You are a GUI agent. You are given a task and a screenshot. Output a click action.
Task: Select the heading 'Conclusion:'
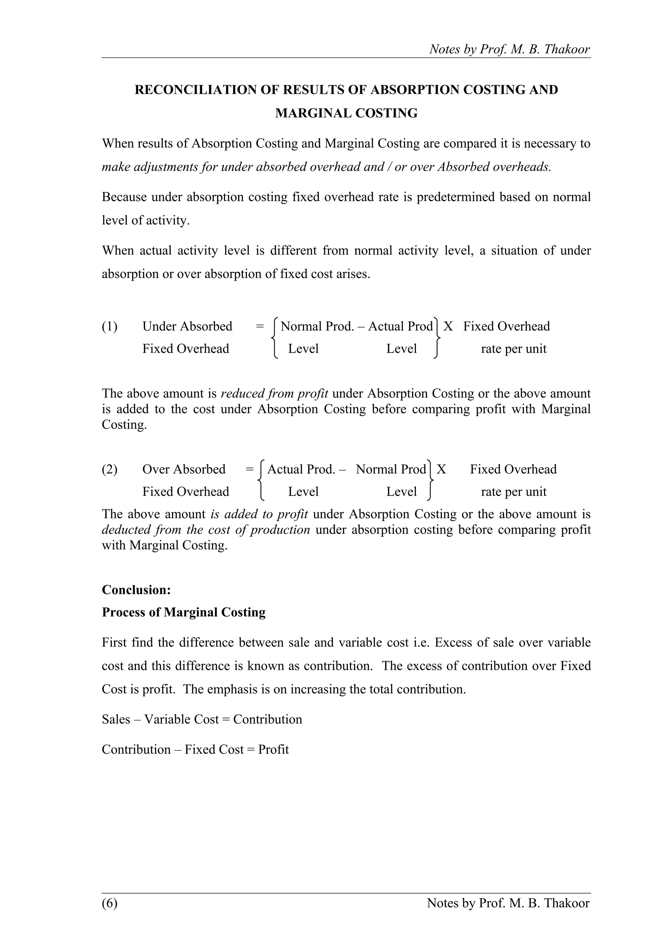point(136,590)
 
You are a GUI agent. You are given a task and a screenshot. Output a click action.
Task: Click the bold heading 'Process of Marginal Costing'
point(183,612)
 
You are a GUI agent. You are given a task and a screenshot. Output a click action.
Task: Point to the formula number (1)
point(110,327)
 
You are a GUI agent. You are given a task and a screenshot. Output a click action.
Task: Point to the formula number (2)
point(110,469)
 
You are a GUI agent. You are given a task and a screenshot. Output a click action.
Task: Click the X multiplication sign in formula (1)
point(448,327)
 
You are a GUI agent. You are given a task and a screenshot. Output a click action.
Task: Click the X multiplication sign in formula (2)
point(441,469)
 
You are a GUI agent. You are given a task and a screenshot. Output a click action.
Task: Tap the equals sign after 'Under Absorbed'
point(260,327)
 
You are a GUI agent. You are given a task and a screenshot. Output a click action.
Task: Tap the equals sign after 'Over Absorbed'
point(249,469)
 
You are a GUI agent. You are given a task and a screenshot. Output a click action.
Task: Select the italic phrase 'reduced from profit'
point(275,393)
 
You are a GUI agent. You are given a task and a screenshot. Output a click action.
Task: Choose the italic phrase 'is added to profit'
point(259,514)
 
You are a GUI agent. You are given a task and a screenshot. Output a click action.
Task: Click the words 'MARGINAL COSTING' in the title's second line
point(346,113)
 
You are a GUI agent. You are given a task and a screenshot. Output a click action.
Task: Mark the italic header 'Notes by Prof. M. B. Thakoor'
point(509,49)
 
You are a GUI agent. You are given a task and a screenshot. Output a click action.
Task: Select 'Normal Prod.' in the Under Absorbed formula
point(317,327)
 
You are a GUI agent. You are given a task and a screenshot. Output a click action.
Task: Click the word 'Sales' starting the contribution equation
point(116,719)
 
